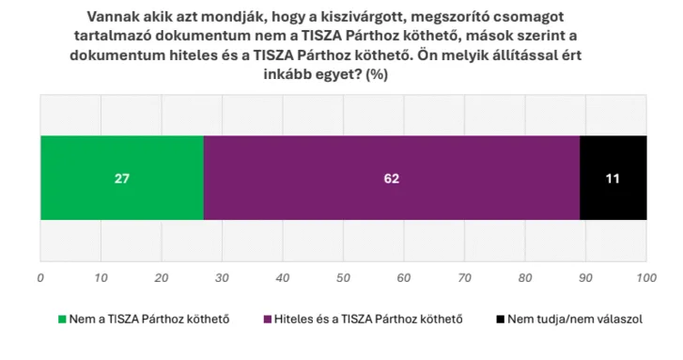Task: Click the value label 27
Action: tap(121, 179)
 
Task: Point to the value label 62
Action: tap(392, 179)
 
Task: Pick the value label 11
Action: tap(613, 179)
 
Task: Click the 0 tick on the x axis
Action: tap(40, 279)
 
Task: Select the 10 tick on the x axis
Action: tap(101, 279)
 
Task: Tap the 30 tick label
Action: tap(223, 279)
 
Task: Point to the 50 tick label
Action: tap(344, 279)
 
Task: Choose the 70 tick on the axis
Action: tap(465, 279)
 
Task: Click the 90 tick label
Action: tap(586, 279)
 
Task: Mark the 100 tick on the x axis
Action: tap(646, 279)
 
